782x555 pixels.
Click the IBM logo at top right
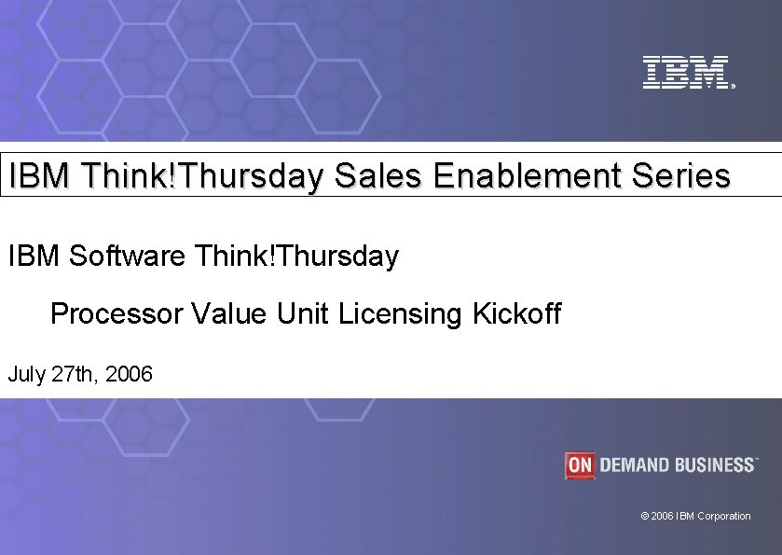tap(685, 73)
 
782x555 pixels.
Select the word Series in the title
tap(683, 175)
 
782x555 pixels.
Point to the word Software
tap(128, 255)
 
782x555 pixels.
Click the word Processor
tap(117, 313)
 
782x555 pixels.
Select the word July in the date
tap(25, 375)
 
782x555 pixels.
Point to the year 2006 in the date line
tap(130, 375)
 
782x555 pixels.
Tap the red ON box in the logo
tap(579, 465)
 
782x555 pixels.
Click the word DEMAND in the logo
tap(638, 465)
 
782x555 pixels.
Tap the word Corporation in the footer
tap(723, 516)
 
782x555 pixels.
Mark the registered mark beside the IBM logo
tap(734, 86)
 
